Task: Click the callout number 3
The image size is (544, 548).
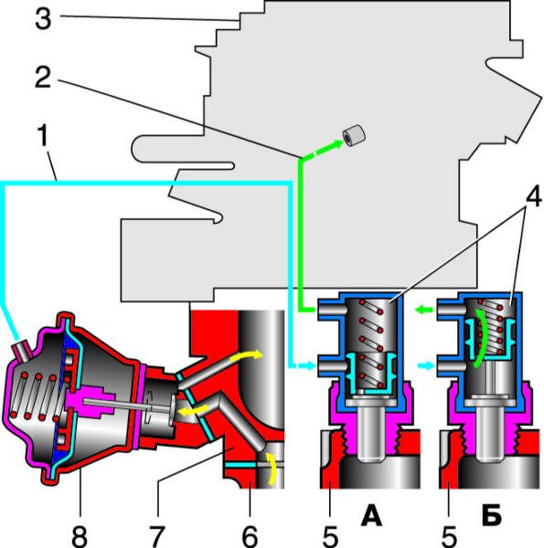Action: click(x=43, y=19)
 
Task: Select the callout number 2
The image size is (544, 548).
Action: click(x=43, y=78)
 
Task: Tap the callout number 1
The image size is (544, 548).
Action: click(x=43, y=135)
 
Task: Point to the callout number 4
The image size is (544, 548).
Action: click(x=534, y=197)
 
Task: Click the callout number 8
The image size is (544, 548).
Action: click(x=80, y=536)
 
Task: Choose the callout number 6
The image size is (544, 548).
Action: click(x=250, y=536)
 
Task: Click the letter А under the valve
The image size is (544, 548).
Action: click(x=371, y=517)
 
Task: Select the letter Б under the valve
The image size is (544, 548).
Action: click(x=492, y=517)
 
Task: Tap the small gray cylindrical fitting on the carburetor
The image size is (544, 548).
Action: click(x=354, y=136)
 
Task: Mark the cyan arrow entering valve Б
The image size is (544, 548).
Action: click(x=426, y=366)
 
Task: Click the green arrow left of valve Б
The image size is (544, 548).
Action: click(x=424, y=310)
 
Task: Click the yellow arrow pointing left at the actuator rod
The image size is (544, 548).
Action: click(x=192, y=410)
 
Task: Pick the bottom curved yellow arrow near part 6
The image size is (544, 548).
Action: click(x=272, y=469)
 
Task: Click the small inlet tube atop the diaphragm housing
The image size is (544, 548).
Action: click(x=22, y=350)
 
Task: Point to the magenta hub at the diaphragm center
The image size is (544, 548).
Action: click(x=90, y=402)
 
